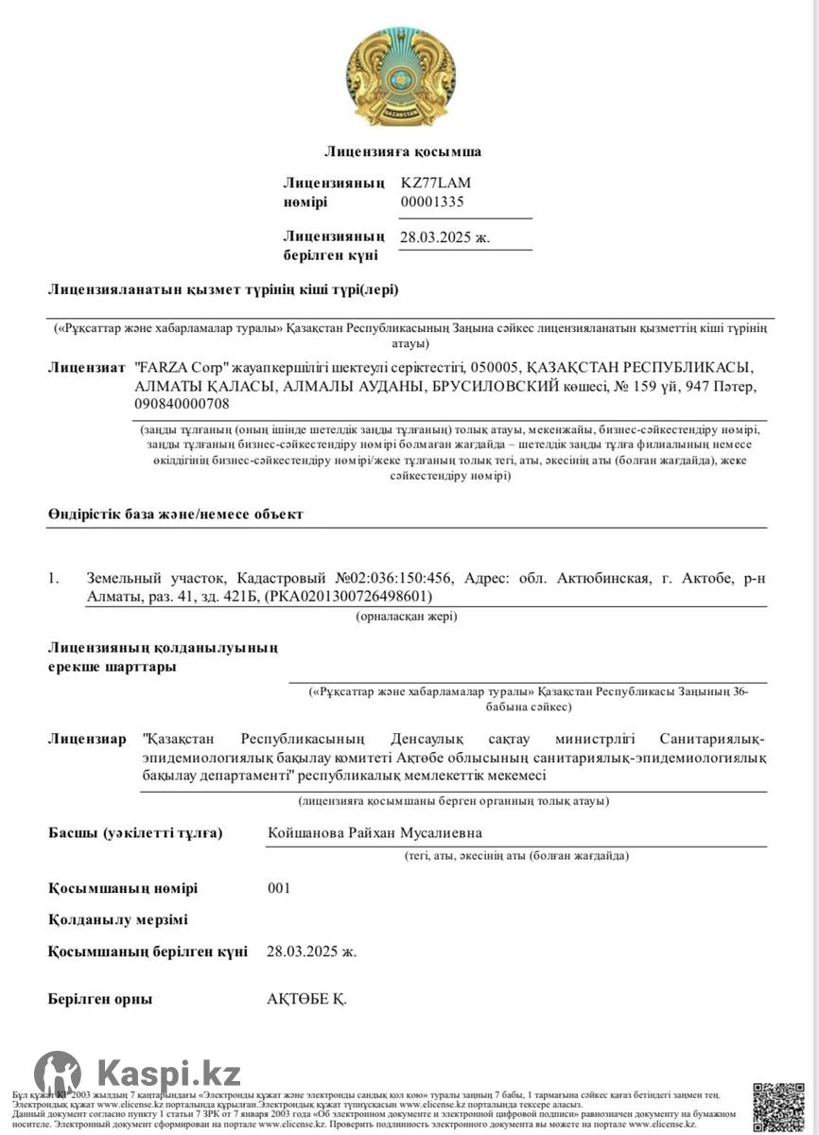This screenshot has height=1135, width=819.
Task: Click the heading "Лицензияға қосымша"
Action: tap(403, 151)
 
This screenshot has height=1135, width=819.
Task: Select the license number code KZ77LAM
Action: tap(436, 183)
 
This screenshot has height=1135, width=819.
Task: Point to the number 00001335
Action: tap(433, 201)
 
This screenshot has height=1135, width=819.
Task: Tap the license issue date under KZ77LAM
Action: tap(445, 236)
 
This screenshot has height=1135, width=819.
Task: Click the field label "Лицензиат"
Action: tap(86, 366)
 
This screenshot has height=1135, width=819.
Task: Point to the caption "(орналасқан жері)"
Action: tap(407, 617)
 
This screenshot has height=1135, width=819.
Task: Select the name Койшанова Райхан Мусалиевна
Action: tap(375, 833)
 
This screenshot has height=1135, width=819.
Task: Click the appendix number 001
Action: tap(279, 888)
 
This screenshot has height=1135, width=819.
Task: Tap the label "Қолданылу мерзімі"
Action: tap(117, 919)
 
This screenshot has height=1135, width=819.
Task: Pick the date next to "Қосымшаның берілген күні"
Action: tap(312, 951)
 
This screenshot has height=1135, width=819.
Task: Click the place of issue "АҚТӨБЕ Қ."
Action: tap(307, 999)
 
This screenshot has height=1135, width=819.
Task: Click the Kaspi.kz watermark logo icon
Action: tap(58, 1074)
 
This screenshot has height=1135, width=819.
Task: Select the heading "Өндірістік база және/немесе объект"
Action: tap(176, 514)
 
